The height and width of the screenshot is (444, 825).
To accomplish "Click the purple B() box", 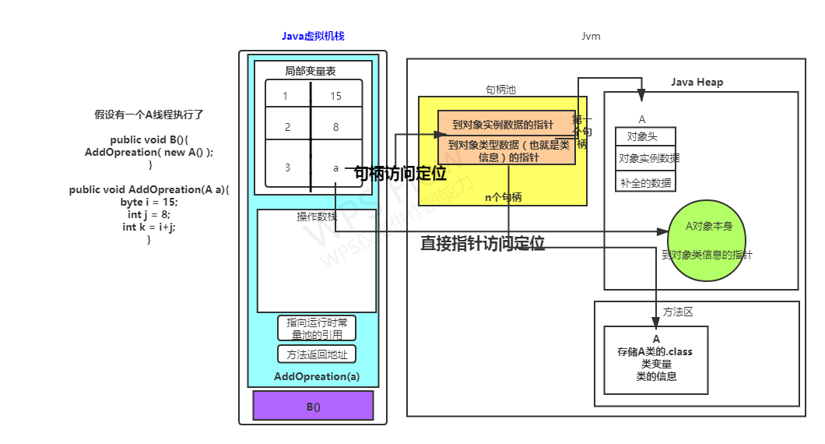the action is (313, 406).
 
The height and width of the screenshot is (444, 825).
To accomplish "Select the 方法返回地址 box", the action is (316, 354).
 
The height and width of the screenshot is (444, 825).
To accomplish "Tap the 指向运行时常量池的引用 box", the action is (316, 328).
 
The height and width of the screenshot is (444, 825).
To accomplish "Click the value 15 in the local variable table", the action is (336, 96).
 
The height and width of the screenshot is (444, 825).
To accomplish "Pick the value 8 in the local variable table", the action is (336, 126).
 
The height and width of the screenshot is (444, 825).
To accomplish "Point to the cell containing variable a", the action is (336, 167).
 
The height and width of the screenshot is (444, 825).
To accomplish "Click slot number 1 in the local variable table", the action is (286, 96).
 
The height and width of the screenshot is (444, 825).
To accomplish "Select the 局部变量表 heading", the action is (310, 71).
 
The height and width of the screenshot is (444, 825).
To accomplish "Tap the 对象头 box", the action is (645, 136).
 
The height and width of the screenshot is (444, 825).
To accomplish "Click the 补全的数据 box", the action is (645, 182).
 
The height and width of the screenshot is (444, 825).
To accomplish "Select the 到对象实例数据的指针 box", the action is (503, 125).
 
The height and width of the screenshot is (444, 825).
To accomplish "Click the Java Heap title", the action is (697, 83).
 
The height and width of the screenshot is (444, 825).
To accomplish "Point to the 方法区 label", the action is (678, 312).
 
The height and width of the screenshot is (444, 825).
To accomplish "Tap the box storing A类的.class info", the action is (655, 359).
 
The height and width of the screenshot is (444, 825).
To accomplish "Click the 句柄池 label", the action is (500, 90).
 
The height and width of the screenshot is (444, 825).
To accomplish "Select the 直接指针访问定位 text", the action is (483, 243).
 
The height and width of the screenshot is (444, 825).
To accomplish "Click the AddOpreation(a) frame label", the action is (317, 377).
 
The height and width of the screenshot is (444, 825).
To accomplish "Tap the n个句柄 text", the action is (504, 197).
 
